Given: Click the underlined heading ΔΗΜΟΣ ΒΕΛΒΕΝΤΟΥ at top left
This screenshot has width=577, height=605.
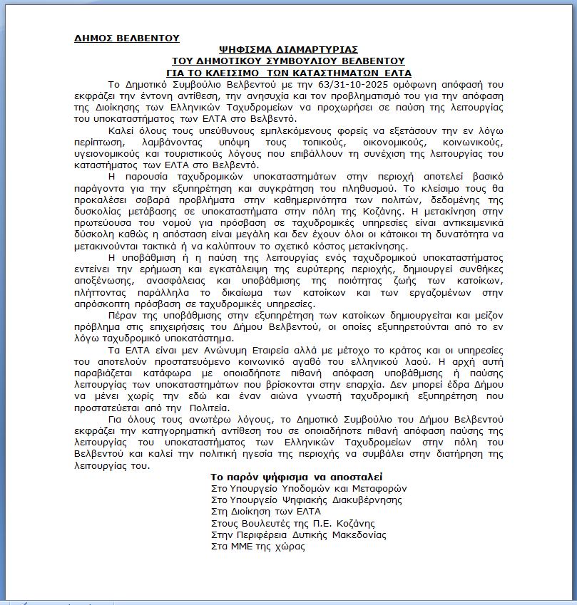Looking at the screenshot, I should pos(127,38).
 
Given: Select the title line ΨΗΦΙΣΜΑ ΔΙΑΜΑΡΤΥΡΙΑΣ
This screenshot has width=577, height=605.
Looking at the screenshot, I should pos(289,50).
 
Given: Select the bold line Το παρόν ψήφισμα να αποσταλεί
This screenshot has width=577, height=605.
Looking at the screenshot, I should pos(297,477).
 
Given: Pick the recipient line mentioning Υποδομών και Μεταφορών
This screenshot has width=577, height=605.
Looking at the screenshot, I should pos(309,488).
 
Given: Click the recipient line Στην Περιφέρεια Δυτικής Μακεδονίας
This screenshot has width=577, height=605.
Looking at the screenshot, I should pos(298,534).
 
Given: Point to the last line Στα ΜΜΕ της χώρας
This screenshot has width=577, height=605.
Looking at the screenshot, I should pos(257,546).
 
